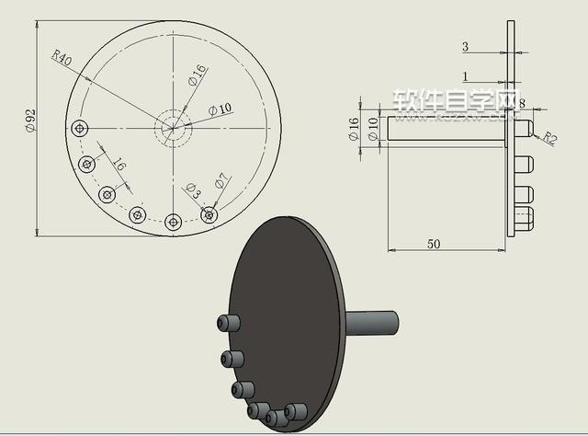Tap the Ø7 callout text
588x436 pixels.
[221, 181]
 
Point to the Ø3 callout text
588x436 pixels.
[192, 190]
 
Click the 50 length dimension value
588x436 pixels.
[434, 243]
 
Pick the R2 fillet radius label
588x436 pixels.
[548, 138]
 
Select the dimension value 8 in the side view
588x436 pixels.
[522, 104]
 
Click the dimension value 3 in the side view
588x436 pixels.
[465, 46]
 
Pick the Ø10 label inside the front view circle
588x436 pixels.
[220, 109]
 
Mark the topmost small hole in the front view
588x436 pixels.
[81, 127]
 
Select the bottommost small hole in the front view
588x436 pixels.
[173, 221]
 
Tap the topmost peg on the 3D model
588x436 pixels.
[229, 323]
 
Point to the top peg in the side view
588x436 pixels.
[524, 129]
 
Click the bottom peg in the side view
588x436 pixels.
[524, 220]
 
